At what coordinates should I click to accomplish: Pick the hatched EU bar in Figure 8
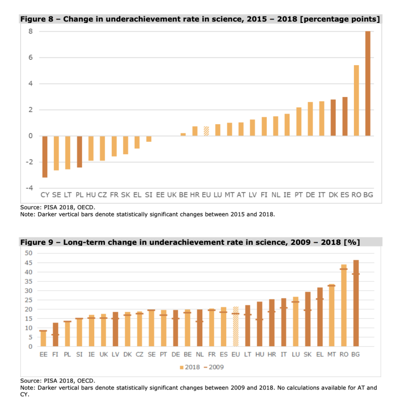[x=207, y=131]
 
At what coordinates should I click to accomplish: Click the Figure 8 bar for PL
[x=80, y=151]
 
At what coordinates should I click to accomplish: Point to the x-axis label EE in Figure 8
[x=160, y=196]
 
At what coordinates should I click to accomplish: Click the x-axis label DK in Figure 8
[x=333, y=196]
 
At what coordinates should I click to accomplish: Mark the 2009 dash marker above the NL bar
[x=200, y=322]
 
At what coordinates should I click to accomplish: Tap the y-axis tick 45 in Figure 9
[x=29, y=262]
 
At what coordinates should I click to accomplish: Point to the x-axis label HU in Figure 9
[x=260, y=354]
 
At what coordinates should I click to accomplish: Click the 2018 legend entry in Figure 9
[x=188, y=367]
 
